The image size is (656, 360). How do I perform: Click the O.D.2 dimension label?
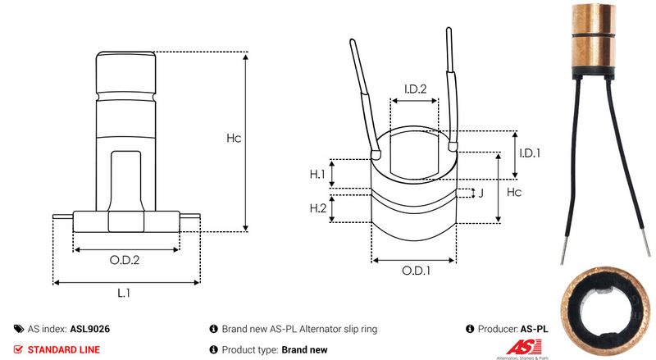[x=125, y=262]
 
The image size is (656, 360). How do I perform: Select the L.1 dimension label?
[x=125, y=293]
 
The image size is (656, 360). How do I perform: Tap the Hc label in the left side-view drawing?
[x=234, y=139]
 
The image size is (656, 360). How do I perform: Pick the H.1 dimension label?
[x=318, y=174]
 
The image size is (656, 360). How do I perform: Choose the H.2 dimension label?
[x=318, y=208]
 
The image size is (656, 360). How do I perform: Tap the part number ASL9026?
[x=90, y=328]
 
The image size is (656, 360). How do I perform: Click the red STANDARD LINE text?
[x=64, y=349]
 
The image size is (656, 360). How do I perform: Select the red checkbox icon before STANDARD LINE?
[x=19, y=349]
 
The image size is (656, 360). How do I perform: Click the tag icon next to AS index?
[x=19, y=328]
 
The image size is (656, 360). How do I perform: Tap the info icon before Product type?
[x=214, y=349]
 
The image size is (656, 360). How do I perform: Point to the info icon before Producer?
[x=470, y=328]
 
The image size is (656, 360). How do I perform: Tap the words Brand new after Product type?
[x=304, y=349]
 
